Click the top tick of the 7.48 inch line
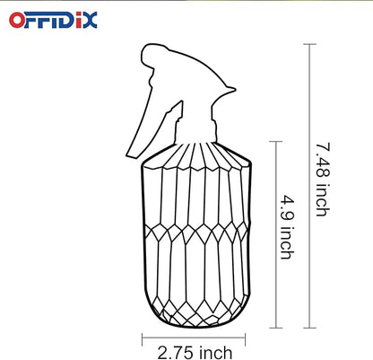(309, 46)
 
